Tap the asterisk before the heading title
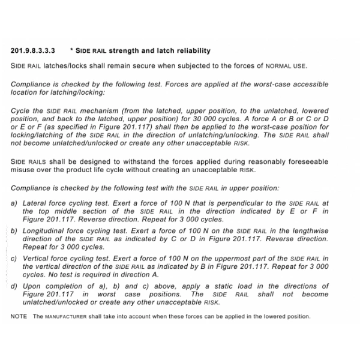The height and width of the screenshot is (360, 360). [x=71, y=50]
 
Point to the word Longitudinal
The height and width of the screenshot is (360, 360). [x=46, y=230]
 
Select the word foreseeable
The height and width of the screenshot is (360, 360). [x=308, y=161]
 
